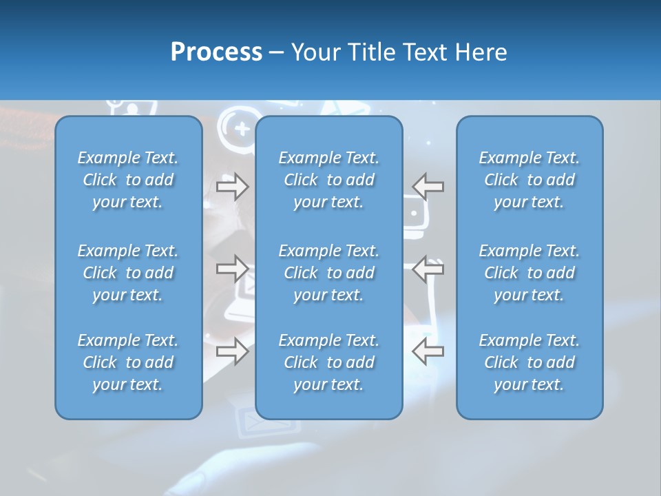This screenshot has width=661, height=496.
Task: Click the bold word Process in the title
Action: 216,52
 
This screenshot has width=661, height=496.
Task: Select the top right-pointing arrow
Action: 233,186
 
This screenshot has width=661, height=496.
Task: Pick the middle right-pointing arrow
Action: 233,268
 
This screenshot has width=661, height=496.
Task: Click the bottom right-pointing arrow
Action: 233,351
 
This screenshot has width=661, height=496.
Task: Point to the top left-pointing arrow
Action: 428,186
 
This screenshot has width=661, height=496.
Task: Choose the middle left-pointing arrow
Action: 428,268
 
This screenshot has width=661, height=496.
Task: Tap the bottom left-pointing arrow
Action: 428,351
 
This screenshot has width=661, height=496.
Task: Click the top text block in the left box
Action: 128,180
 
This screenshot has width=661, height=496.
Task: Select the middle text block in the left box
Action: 128,273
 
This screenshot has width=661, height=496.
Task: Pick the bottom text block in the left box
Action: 128,362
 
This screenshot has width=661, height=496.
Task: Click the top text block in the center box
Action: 329,180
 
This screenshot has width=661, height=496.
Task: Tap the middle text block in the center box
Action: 329,273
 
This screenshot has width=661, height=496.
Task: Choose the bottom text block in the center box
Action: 329,362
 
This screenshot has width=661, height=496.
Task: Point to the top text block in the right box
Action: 529,180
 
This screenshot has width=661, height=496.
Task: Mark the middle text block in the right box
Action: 529,273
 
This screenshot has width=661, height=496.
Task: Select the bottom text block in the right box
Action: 529,362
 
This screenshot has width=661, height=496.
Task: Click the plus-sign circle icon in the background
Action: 241,128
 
